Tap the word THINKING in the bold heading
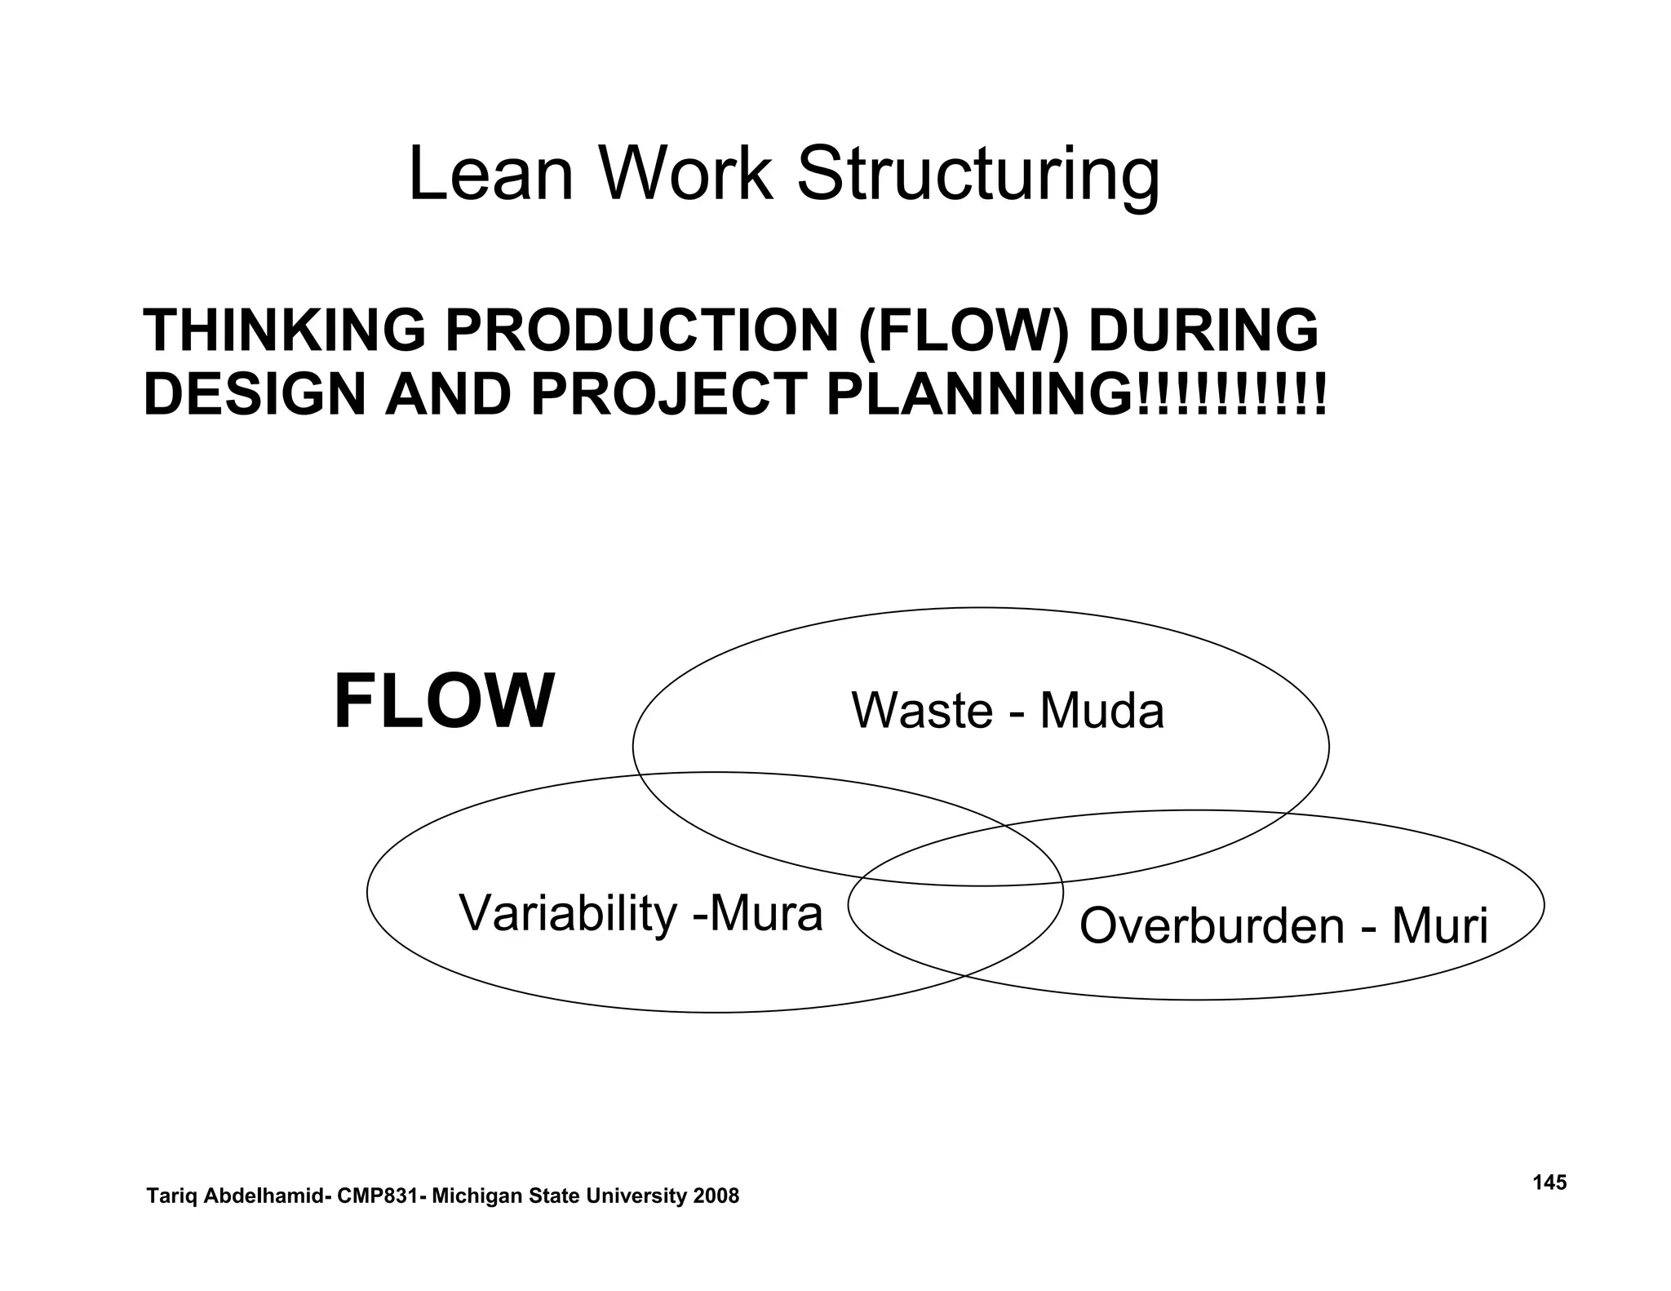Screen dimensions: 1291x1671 pyautogui.click(x=285, y=331)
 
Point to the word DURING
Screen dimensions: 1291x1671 pyautogui.click(x=1203, y=331)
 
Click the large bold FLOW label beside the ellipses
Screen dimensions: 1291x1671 pyautogui.click(x=444, y=702)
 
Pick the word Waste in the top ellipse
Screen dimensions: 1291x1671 pyautogui.click(x=922, y=710)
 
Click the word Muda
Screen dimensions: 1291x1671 pyautogui.click(x=1101, y=710)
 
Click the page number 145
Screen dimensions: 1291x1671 pyautogui.click(x=1549, y=1182)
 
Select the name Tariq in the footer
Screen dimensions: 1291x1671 pyautogui.click(x=170, y=1196)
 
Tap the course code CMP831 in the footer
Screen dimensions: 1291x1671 pyautogui.click(x=380, y=1196)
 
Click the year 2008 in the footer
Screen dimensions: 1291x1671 pyautogui.click(x=716, y=1196)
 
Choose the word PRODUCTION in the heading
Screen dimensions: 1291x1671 pyautogui.click(x=641, y=331)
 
